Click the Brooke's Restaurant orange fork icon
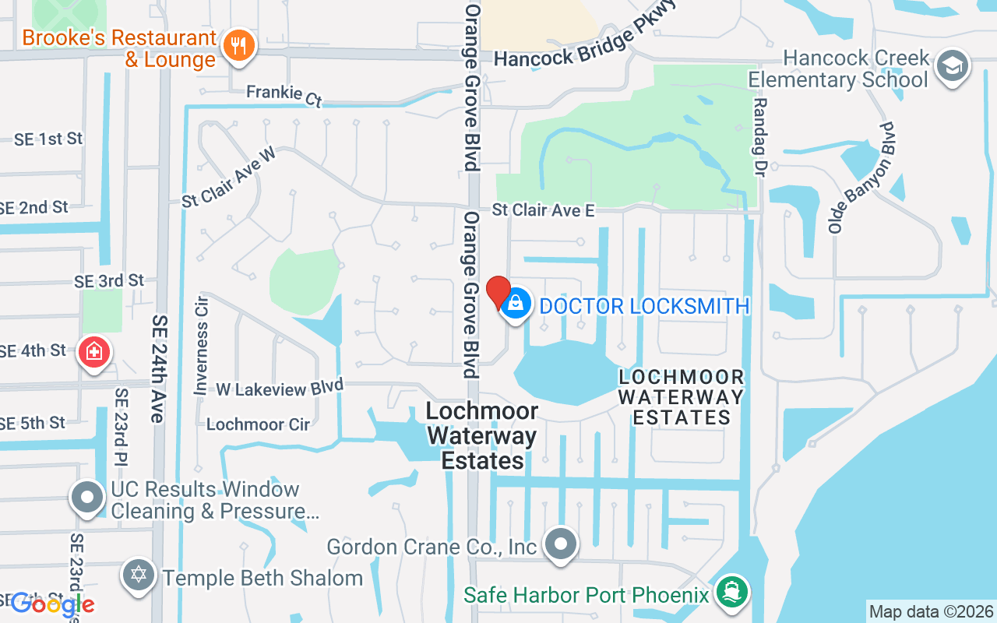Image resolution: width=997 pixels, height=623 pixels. point(239,46)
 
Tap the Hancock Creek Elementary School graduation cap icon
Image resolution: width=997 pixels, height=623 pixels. point(952,66)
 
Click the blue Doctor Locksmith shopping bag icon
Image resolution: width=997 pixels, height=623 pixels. point(515,304)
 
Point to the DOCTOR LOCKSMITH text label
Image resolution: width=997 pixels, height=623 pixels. point(644,306)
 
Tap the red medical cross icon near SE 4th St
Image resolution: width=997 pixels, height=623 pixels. point(94,352)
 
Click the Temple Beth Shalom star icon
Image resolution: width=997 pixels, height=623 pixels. point(139,576)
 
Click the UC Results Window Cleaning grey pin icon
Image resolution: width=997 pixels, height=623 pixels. point(87,497)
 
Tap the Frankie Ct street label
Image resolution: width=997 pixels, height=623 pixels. point(284,94)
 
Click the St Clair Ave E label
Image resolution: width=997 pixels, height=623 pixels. point(543,210)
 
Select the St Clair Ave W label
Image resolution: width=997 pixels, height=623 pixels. point(229,177)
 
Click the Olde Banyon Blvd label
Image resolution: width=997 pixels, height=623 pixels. point(862,178)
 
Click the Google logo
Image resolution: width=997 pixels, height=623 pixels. point(52,604)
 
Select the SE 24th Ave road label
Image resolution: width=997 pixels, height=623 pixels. point(159,369)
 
